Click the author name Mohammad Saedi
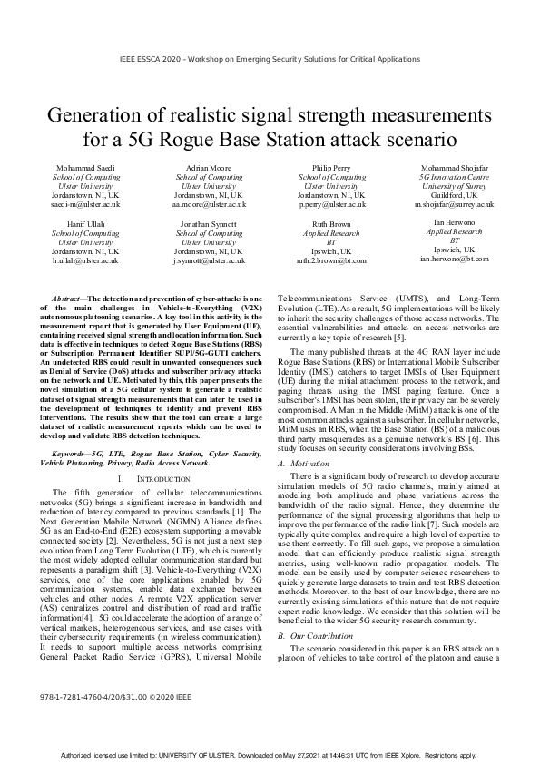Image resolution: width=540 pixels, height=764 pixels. tap(86, 169)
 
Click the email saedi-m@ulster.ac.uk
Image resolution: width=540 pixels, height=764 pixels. tap(86, 205)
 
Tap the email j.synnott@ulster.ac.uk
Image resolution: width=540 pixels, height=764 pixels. tap(208, 260)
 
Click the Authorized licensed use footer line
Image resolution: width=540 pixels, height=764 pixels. tap(270, 755)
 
